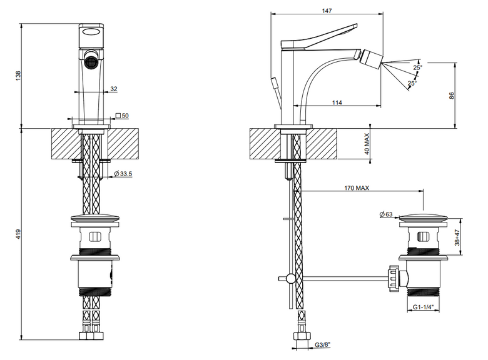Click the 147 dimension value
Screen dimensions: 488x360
(327, 11)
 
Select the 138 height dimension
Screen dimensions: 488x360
(18, 76)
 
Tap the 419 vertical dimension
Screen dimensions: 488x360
(18, 234)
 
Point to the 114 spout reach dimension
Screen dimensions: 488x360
(337, 102)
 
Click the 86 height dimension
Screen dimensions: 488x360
(452, 96)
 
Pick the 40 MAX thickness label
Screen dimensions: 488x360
(367, 144)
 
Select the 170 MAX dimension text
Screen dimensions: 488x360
(357, 187)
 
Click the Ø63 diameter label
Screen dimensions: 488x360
(386, 214)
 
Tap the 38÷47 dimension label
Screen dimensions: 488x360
(457, 237)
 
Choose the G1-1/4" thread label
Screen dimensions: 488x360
(424, 307)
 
